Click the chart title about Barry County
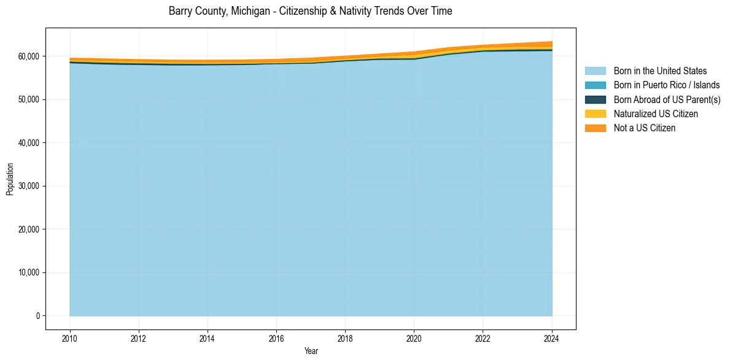pos(310,11)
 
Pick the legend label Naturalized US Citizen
pos(656,114)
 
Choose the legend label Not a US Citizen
pos(645,128)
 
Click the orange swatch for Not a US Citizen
pos(595,128)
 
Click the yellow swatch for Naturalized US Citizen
pos(595,114)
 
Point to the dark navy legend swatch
pos(595,99)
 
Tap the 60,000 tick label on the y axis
pos(28,56)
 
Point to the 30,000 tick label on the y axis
pos(28,186)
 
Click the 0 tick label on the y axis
pos(37,316)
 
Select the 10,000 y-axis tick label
pos(28,272)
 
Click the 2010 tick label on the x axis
pos(70,338)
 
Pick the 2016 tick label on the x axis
pos(276,338)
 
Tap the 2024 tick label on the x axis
pos(552,338)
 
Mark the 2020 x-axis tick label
pos(414,338)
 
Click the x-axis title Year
pos(311,351)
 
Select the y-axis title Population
pos(10,179)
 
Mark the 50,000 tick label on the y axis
pos(28,99)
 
